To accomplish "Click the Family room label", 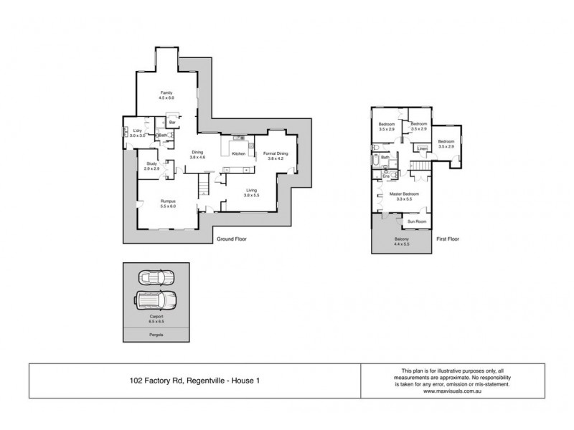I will (166, 93).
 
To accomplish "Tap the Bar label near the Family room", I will (172, 123).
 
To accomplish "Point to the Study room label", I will (151, 164).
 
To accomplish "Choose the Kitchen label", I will (239, 153).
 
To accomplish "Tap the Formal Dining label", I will (276, 153).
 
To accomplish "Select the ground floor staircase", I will (204, 186).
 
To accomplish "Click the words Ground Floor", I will (232, 239).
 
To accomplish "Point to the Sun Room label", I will (418, 221).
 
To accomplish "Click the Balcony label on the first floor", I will (402, 239).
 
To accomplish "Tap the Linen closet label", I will (423, 149).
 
